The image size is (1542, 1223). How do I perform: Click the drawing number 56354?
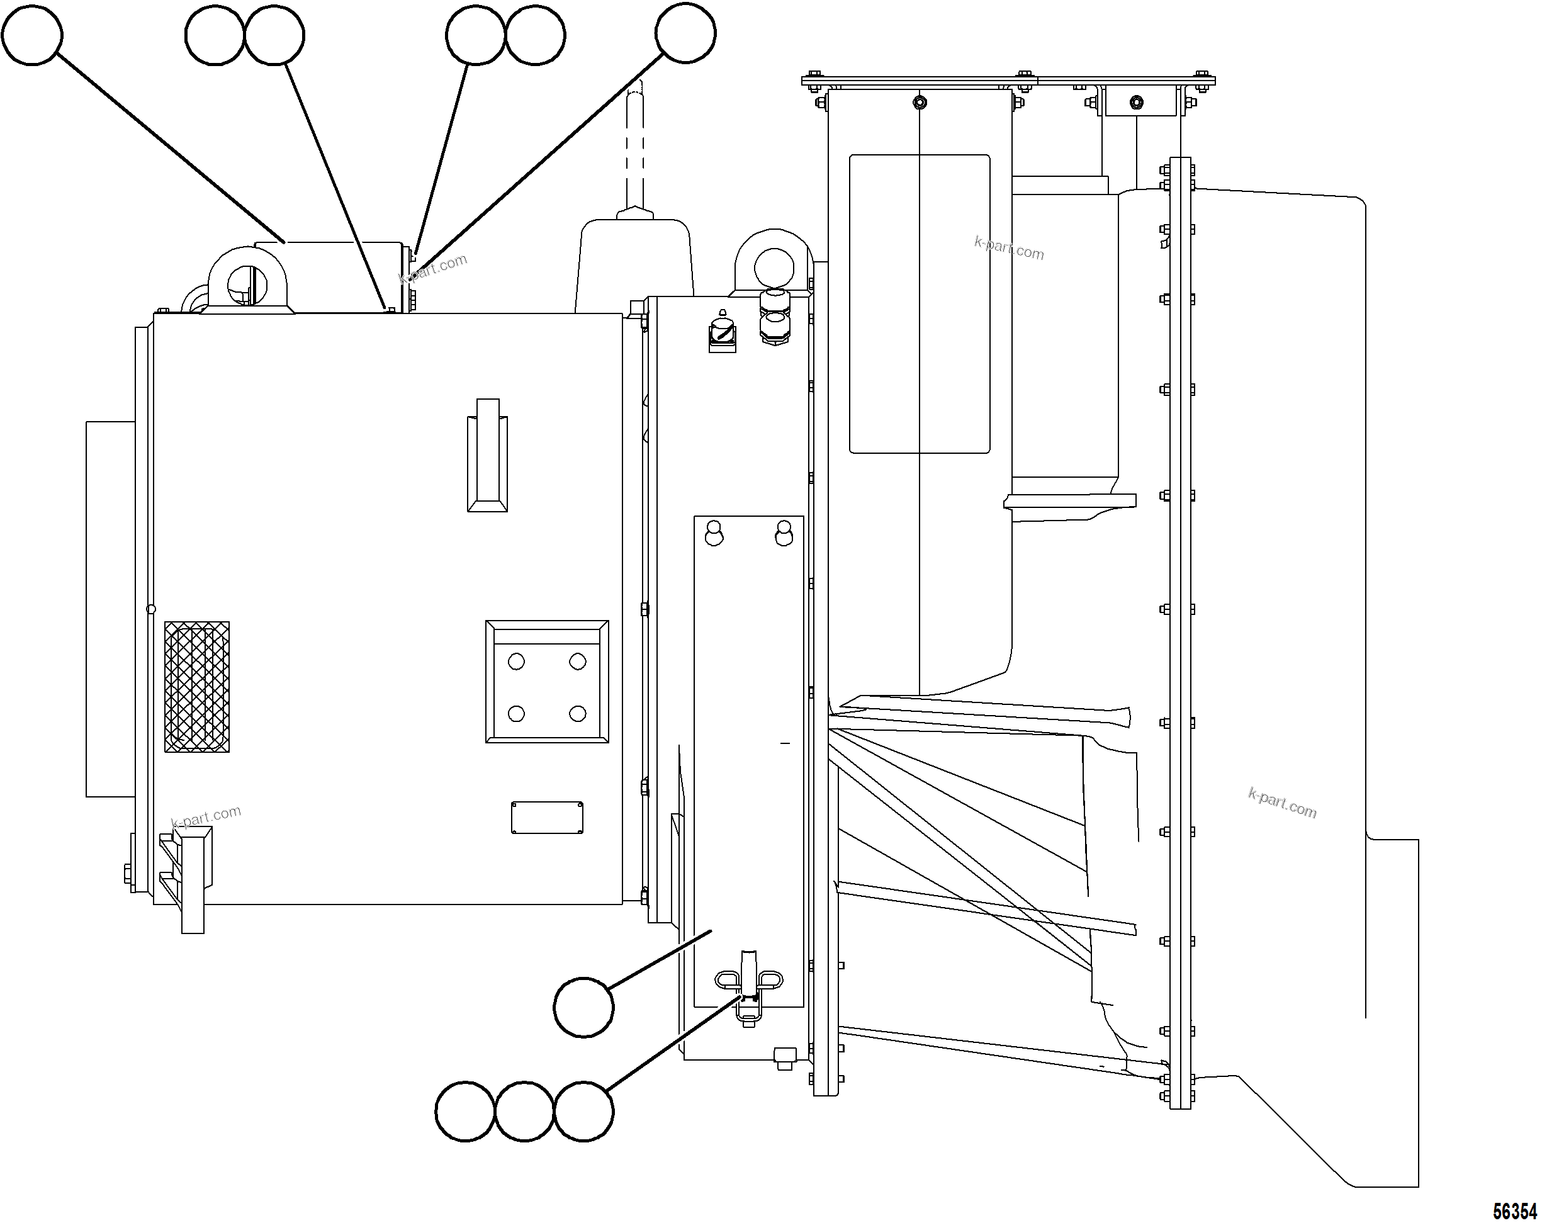pos(1515,1212)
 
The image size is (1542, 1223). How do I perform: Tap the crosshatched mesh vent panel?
pos(196,687)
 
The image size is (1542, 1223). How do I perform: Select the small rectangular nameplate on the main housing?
pos(546,818)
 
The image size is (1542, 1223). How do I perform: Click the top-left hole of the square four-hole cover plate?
pos(515,662)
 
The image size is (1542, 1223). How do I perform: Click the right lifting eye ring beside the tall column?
pos(774,262)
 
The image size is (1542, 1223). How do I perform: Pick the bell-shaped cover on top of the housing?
pos(634,264)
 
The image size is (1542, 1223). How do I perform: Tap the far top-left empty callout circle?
pos(32,35)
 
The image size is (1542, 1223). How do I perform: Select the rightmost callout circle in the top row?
pos(685,33)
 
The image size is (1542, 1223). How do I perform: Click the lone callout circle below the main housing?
pos(583,1007)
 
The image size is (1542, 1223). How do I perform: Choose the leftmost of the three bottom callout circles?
pos(465,1112)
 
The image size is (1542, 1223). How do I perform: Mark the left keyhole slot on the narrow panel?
pos(714,534)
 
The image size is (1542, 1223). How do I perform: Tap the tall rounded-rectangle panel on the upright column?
pos(919,304)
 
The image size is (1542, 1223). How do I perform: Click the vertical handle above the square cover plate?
pos(487,455)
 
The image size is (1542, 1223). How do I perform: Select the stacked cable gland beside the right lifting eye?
pos(774,318)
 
